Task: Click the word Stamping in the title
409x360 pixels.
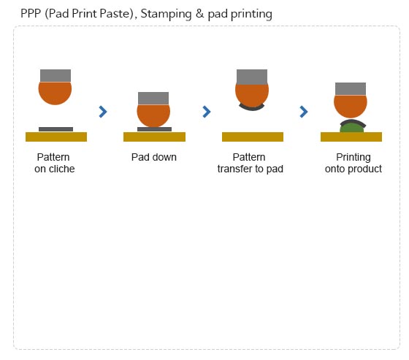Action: (166, 14)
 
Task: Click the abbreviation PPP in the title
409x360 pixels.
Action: (31, 13)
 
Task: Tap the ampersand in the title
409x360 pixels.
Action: (199, 13)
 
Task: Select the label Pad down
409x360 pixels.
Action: (154, 157)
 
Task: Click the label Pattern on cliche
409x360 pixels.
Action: (55, 163)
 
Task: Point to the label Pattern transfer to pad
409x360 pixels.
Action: (250, 163)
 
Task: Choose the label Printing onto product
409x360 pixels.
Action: (353, 163)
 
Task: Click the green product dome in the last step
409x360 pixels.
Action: (351, 128)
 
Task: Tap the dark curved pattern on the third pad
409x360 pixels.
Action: (252, 107)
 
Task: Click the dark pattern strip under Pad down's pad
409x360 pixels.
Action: (154, 129)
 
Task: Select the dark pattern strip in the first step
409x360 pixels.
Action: (56, 129)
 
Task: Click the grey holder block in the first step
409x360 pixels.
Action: (56, 76)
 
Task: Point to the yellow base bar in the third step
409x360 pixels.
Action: (253, 137)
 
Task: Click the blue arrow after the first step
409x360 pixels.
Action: (103, 112)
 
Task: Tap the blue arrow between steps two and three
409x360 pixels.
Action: (206, 112)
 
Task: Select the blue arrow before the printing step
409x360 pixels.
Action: (304, 112)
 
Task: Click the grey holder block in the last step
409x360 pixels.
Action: (351, 89)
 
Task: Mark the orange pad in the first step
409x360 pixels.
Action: (55, 93)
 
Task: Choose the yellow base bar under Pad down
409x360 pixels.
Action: (154, 137)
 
